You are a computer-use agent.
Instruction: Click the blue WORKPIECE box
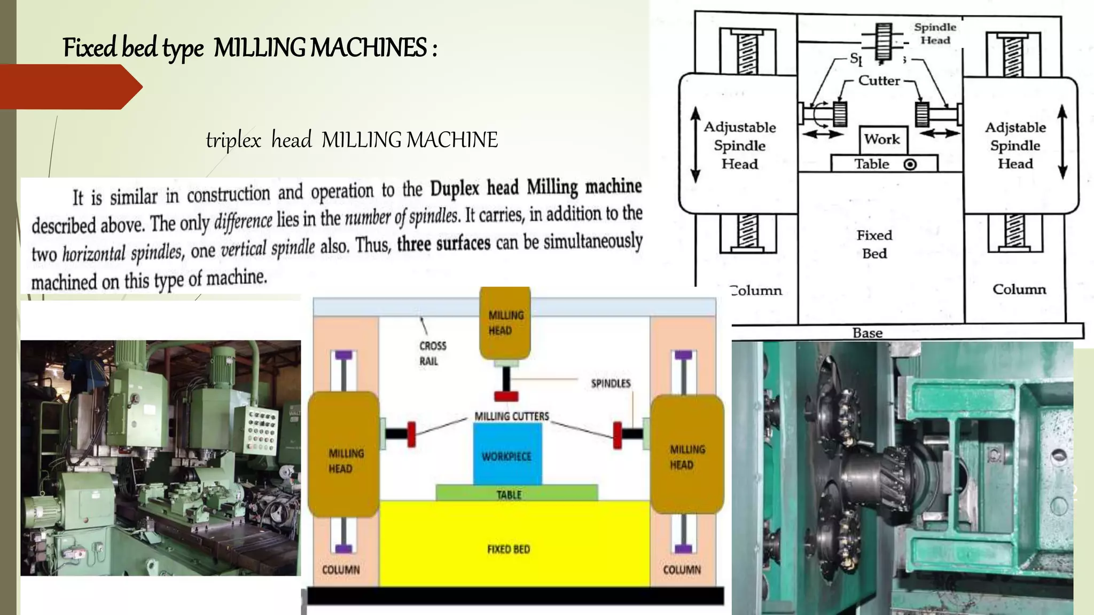(507, 454)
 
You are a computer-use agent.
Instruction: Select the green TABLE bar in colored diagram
(516, 493)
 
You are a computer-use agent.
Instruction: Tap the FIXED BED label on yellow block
(509, 549)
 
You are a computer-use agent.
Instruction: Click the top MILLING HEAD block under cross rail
(505, 323)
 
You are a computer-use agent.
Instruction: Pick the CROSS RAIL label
(432, 353)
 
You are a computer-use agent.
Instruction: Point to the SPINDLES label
(611, 383)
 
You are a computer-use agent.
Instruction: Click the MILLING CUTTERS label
(511, 416)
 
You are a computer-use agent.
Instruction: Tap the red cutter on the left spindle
(411, 433)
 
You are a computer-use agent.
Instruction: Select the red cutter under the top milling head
(506, 396)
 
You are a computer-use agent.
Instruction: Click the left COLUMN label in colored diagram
(341, 570)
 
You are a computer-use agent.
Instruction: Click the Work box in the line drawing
(882, 139)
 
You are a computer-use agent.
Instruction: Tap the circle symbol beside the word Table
(910, 164)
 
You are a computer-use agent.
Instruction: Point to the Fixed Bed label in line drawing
(874, 244)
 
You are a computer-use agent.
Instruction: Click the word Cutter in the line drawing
(879, 81)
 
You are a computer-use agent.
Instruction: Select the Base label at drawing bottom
(868, 333)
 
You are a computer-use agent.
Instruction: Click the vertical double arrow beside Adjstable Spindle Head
(1062, 141)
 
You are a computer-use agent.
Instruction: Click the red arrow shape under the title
(69, 86)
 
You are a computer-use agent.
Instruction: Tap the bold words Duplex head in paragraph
(474, 188)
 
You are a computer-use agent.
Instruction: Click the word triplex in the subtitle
(233, 140)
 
